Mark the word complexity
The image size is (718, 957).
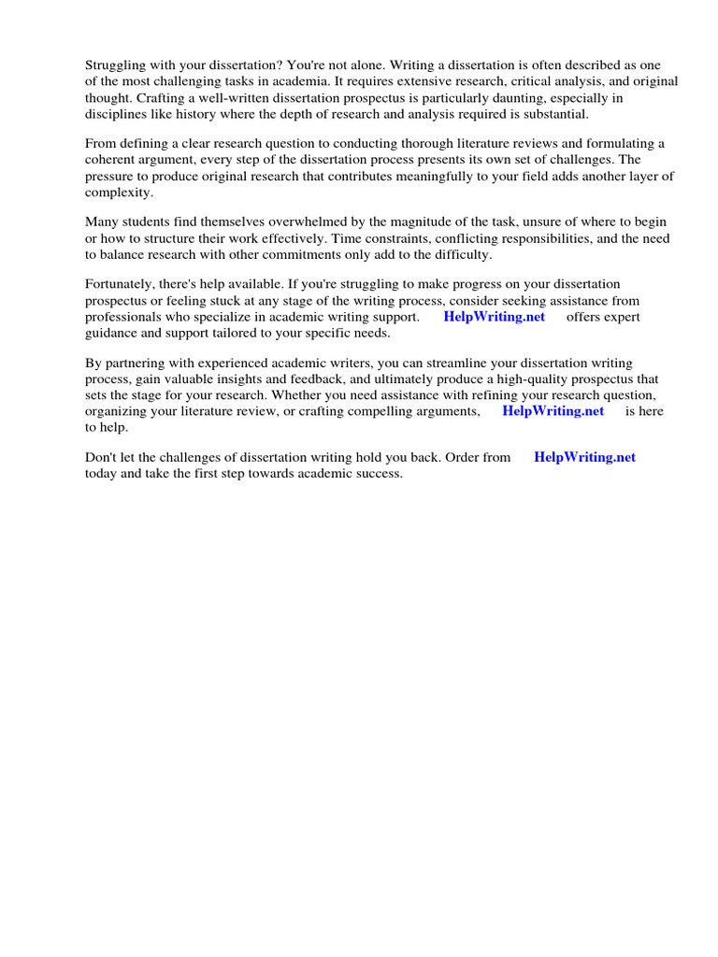118,193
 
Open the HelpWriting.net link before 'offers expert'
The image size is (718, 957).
494,317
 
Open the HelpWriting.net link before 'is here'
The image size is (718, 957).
553,411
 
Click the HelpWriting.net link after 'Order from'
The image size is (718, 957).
584,457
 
